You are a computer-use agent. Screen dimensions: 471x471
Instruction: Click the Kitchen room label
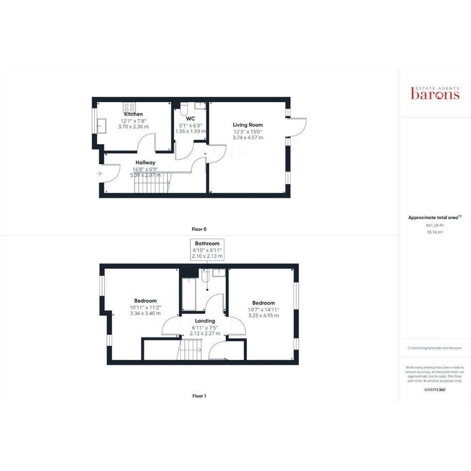tap(134, 114)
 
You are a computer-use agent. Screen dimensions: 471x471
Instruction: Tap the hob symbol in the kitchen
tap(130, 107)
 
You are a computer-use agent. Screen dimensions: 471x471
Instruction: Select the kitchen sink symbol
tap(101, 126)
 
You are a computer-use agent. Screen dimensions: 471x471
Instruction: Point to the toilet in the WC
tap(184, 109)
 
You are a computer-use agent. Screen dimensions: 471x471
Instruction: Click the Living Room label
tap(248, 125)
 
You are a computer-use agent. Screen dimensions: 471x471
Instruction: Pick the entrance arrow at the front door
tap(99, 173)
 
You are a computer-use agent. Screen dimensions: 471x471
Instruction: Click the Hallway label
tap(146, 162)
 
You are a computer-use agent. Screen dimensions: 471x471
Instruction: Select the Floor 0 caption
tap(199, 229)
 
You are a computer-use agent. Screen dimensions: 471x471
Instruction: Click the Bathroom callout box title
tap(207, 243)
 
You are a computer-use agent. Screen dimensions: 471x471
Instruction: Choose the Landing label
tap(205, 321)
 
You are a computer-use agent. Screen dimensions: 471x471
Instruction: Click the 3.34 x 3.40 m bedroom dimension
tap(146, 314)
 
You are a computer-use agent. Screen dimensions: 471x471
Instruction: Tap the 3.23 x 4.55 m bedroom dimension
tap(264, 315)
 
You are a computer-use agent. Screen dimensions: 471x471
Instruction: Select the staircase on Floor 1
tap(190, 350)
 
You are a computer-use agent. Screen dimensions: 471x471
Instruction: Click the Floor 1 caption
tap(199, 396)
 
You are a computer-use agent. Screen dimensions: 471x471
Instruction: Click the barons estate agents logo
tap(435, 93)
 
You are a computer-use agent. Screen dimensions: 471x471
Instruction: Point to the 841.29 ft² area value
tap(435, 225)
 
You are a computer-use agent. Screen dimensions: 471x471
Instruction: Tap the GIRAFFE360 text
tap(435, 390)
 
